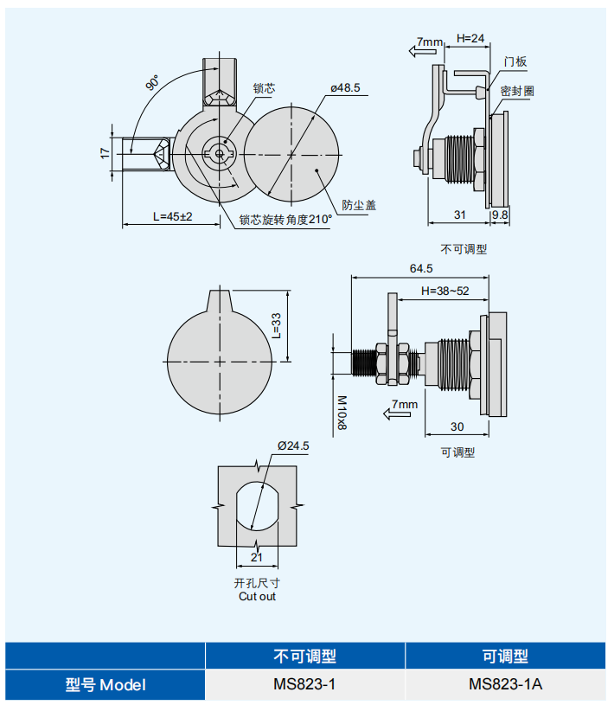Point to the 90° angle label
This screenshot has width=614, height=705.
pos(153,83)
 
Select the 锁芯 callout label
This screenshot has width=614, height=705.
pos(264,88)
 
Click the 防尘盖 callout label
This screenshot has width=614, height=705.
pos(359,205)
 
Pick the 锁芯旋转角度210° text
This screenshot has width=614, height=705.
pos(285,220)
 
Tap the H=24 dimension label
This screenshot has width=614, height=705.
pos(470,38)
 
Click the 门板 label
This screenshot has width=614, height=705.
pos(515,61)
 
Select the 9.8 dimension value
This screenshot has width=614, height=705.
pos(501,215)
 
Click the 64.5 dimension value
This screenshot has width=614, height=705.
pos(421,268)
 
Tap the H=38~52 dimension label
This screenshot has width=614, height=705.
pos(445,291)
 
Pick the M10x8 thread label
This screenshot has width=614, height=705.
pos(341,413)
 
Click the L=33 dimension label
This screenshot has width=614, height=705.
pos(276,324)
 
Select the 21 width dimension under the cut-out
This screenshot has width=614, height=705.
pos(257,557)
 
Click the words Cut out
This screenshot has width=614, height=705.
pos(257,597)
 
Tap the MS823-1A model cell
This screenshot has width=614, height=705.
pos(505,685)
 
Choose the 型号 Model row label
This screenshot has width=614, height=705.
pos(106,685)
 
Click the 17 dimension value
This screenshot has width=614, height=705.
pos(105,152)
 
